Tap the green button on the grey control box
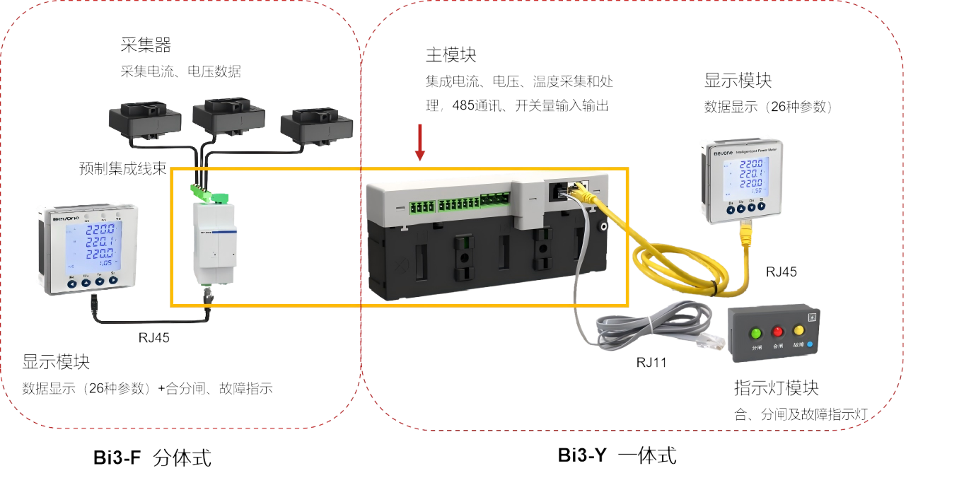point(756,332)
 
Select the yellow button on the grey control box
point(799,330)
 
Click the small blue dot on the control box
point(811,345)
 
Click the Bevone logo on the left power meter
point(66,219)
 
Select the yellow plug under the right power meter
point(745,235)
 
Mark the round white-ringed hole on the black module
point(603,227)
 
